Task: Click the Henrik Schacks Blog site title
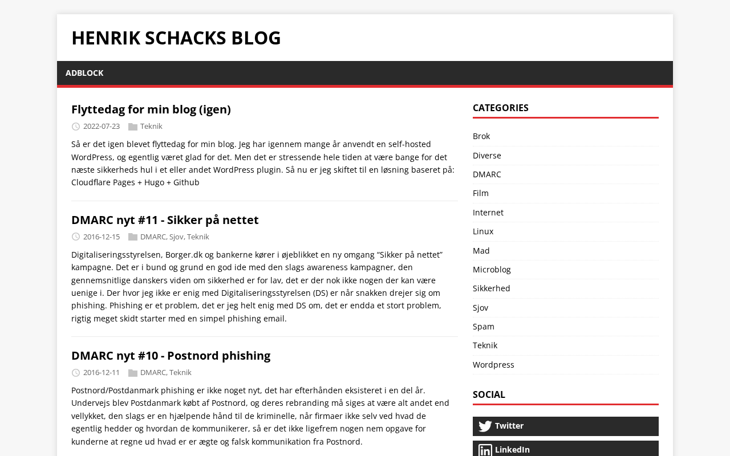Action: (x=176, y=38)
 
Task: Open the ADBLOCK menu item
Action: (x=84, y=73)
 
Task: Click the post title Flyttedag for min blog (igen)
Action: (x=151, y=109)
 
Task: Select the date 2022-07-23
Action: (x=102, y=127)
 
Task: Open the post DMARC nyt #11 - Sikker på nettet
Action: (x=165, y=220)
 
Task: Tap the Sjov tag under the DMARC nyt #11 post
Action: (x=176, y=237)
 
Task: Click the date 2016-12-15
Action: (x=102, y=237)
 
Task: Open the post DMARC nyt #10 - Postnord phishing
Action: (x=171, y=356)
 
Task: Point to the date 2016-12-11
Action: (x=102, y=373)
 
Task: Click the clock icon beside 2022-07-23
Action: (x=76, y=127)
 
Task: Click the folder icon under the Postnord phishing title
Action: (x=133, y=373)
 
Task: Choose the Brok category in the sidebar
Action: (x=481, y=136)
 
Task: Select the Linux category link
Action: (x=483, y=231)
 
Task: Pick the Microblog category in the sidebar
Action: (x=492, y=270)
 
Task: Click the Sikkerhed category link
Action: (x=492, y=288)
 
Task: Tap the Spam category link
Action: (x=484, y=327)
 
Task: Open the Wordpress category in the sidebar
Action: (x=493, y=365)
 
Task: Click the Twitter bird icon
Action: (x=485, y=426)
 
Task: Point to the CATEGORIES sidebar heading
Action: (x=501, y=108)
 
